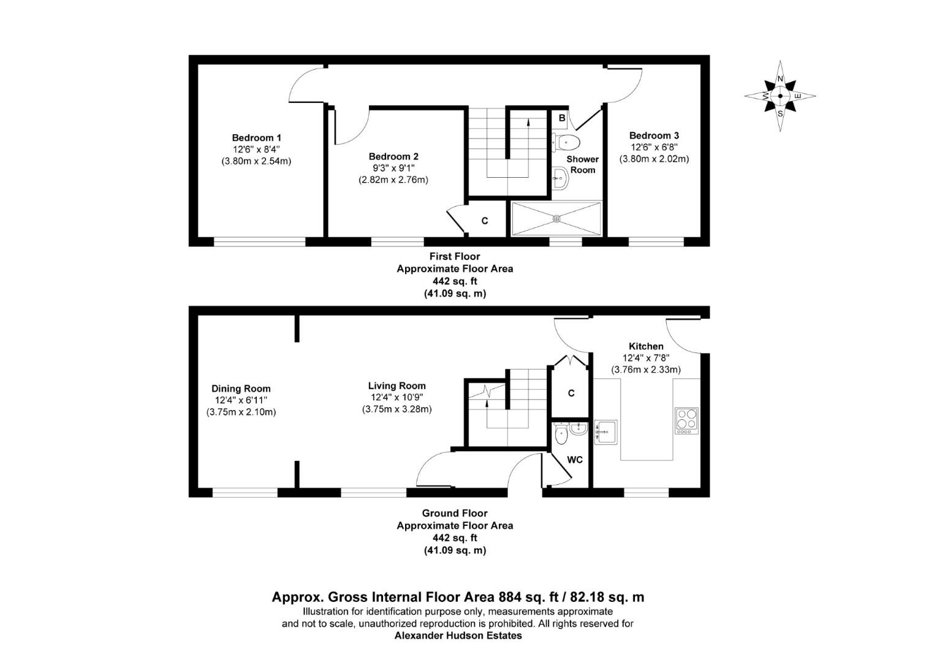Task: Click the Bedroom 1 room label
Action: pos(256,137)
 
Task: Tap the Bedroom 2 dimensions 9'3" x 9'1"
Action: pos(393,168)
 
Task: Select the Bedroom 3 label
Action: pos(654,135)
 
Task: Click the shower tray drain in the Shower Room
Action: pos(556,218)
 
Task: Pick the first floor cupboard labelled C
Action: pos(484,221)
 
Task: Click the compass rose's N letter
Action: pos(780,79)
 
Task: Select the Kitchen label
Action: pos(646,346)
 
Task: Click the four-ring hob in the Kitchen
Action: pos(686,420)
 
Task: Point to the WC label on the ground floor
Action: pos(574,460)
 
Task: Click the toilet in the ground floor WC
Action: pos(560,436)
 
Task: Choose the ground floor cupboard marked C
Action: pos(571,394)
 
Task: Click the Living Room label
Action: pos(396,386)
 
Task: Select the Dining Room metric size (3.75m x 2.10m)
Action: pos(241,412)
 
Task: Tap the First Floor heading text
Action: pos(455,256)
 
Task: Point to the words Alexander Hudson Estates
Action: pos(458,636)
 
